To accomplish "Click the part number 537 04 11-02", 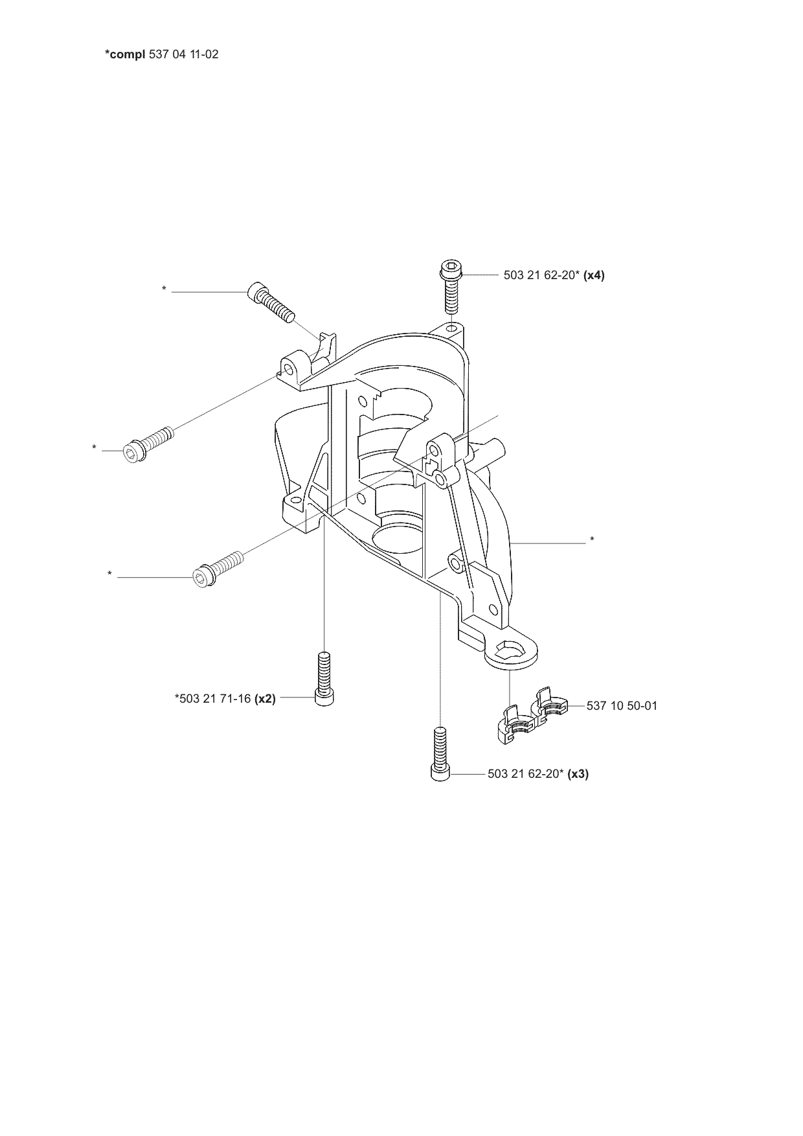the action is tap(184, 54).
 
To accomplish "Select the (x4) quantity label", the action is tap(594, 275).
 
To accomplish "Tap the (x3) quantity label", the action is tap(578, 774).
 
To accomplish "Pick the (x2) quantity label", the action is tap(265, 699).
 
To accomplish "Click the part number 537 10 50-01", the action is tap(622, 706).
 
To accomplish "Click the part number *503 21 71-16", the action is tap(212, 699).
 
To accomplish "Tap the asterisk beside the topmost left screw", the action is tap(164, 288).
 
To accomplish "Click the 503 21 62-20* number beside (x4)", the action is tap(541, 275).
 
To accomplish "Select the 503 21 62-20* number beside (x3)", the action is tap(525, 774).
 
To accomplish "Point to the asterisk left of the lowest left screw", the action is tap(110, 573).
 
